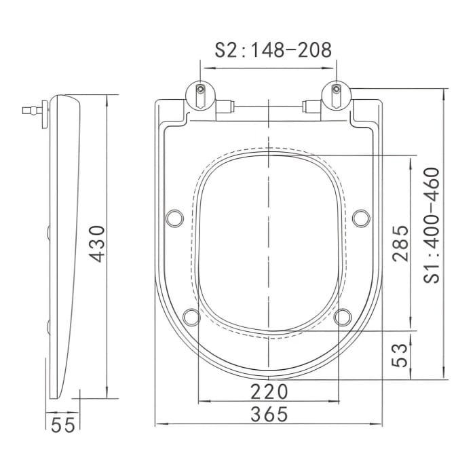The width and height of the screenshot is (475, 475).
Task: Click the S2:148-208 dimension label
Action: [x=269, y=50]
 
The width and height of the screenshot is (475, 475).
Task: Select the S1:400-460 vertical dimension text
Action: [x=432, y=225]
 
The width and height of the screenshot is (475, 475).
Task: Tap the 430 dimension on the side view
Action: [x=97, y=244]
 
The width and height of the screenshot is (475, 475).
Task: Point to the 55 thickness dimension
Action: [x=63, y=425]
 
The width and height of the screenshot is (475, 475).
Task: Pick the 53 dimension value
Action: [x=400, y=355]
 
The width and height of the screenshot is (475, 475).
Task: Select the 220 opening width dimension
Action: [x=269, y=391]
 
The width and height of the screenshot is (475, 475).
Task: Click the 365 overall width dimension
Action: [x=269, y=413]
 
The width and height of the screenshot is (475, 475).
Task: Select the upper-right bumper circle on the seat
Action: [x=362, y=217]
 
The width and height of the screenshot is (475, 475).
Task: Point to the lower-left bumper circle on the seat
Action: [x=192, y=316]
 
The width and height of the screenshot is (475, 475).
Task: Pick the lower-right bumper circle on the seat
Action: [x=343, y=316]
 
